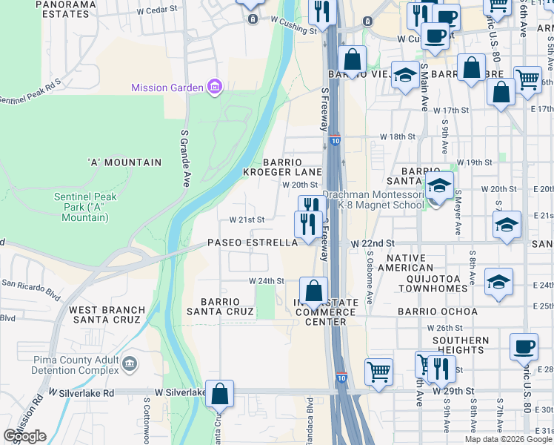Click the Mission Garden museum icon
click(x=214, y=88)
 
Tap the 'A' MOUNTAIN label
click(x=124, y=162)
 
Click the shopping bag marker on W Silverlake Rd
click(x=220, y=394)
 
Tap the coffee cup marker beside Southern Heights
click(x=524, y=346)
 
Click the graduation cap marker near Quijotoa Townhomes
click(x=498, y=282)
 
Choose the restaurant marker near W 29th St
click(x=441, y=367)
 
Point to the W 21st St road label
click(x=247, y=220)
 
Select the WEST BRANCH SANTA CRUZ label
click(x=104, y=314)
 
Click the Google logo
click(x=24, y=436)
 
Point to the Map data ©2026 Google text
click(x=508, y=439)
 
